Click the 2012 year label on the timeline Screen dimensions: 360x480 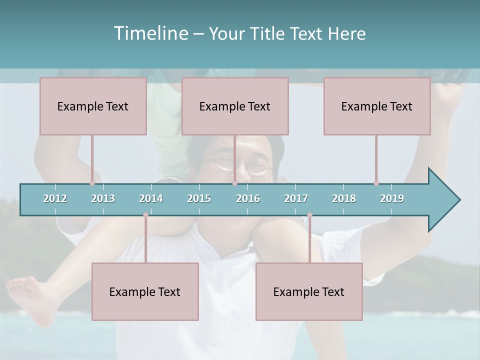(55, 198)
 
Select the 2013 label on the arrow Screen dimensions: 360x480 (103, 198)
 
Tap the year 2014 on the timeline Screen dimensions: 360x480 (151, 198)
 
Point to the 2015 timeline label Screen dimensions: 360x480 (199, 198)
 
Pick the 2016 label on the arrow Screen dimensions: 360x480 (248, 198)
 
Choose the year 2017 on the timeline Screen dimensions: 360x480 (296, 198)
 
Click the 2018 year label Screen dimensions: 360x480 (344, 198)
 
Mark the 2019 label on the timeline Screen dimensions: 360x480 (392, 198)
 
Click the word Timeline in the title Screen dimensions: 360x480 (149, 33)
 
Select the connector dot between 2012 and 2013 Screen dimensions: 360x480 (92, 183)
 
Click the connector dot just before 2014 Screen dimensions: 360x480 (145, 215)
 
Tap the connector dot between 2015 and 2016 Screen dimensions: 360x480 (234, 183)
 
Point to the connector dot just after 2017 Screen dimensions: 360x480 (309, 215)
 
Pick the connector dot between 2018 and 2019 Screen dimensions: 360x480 (376, 183)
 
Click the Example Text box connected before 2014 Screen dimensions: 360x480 (145, 291)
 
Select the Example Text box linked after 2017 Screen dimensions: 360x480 (309, 291)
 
